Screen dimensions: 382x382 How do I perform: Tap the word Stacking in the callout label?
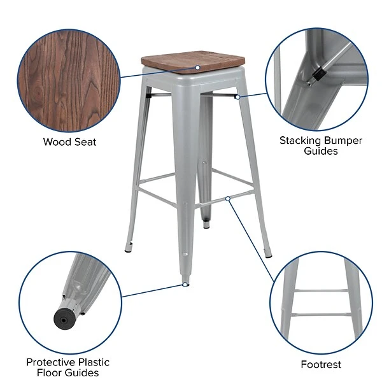(x=301, y=140)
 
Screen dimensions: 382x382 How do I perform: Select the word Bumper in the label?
(x=344, y=140)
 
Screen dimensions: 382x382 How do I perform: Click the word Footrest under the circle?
(x=321, y=365)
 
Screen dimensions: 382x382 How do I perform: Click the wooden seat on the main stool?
(x=191, y=64)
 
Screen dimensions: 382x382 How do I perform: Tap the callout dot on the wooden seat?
(x=198, y=67)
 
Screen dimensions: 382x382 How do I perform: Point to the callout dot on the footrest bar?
(x=227, y=199)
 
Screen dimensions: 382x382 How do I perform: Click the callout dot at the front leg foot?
(x=185, y=284)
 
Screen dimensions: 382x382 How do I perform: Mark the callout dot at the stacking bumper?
(x=237, y=97)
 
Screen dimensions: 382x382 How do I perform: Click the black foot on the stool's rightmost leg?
(x=269, y=255)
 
